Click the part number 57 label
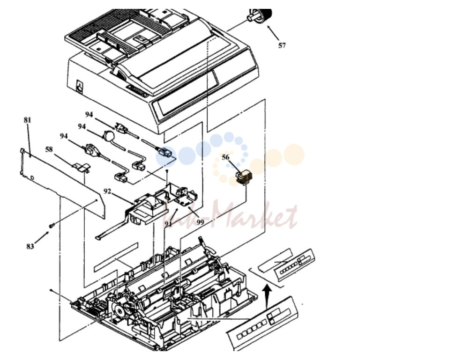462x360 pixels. (x=282, y=45)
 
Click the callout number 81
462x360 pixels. (x=27, y=120)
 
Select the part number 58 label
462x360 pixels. (x=49, y=149)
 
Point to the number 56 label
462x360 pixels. (x=225, y=157)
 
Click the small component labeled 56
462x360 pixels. (x=244, y=178)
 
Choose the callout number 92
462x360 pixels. (x=107, y=191)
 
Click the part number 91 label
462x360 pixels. (x=168, y=224)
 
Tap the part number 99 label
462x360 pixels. (x=200, y=222)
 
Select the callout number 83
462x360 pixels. (x=30, y=246)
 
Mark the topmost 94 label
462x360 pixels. (x=89, y=115)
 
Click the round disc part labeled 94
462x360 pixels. (x=108, y=136)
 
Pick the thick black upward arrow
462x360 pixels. (x=267, y=296)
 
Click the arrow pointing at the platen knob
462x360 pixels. (x=274, y=33)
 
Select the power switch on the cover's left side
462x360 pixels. (x=80, y=86)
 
